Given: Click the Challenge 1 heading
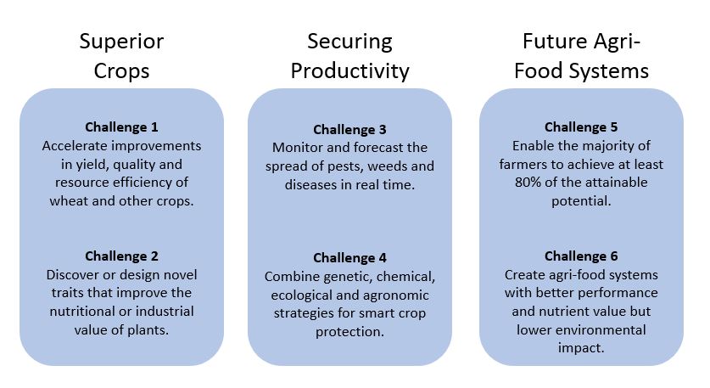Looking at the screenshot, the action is click(x=121, y=127).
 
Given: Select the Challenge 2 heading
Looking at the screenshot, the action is click(x=121, y=256).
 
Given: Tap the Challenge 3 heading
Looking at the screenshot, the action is click(x=349, y=130).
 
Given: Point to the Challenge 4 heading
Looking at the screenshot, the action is click(x=349, y=258).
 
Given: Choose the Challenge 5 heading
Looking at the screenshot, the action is click(x=581, y=127).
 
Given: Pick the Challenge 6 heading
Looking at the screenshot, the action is click(x=581, y=256).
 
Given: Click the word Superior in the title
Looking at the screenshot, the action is click(x=121, y=42).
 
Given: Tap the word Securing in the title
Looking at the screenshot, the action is click(x=349, y=42).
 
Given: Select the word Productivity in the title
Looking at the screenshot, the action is click(x=349, y=71).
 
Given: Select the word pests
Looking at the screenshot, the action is click(x=346, y=166).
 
